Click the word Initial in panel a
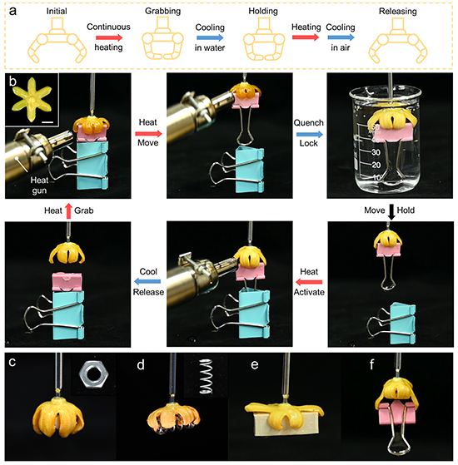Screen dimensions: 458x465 pyautogui.click(x=57, y=12)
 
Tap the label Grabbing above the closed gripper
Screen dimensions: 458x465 pyautogui.click(x=162, y=12)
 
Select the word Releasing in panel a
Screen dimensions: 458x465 pyautogui.click(x=398, y=12)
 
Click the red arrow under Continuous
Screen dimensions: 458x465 pyautogui.click(x=109, y=37)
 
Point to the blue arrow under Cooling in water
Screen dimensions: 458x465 pyautogui.click(x=210, y=37)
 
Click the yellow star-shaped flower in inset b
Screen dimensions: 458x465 pyautogui.click(x=32, y=99)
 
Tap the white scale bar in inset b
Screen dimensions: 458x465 pyautogui.click(x=47, y=122)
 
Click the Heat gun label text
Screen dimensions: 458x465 pyautogui.click(x=39, y=185)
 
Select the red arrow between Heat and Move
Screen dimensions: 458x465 pyautogui.click(x=148, y=134)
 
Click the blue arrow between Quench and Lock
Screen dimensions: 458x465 pyautogui.click(x=310, y=134)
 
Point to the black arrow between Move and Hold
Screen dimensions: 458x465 pyautogui.click(x=391, y=212)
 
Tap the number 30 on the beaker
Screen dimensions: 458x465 pyautogui.click(x=376, y=152)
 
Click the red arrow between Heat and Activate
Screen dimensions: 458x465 pyautogui.click(x=309, y=282)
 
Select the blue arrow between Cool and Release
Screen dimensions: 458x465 pyautogui.click(x=147, y=281)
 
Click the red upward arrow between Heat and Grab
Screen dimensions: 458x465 pyautogui.click(x=68, y=210)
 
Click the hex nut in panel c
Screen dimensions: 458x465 pyautogui.click(x=93, y=374)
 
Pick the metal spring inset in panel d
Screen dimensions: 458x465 pyautogui.click(x=207, y=376)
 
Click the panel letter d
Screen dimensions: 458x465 pyautogui.click(x=141, y=364)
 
